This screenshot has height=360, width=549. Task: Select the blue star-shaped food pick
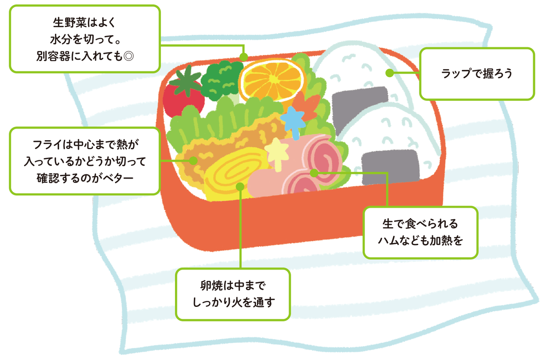pos(293,121)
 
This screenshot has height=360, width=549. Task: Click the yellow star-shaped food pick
pos(277,152)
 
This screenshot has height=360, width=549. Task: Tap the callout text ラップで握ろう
pos(477,74)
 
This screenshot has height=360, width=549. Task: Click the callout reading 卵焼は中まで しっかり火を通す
pos(232,294)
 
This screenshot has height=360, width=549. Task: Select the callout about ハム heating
pos(420,232)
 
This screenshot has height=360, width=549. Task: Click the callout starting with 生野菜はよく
pos(84,38)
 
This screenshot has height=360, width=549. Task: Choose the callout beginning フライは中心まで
pos(84,160)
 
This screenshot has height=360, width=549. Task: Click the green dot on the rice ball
pos(389,73)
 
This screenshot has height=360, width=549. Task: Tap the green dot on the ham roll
pos(314,173)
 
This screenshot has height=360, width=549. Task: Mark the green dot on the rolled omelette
pos(240,187)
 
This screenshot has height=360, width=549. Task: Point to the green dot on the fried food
pos(193,161)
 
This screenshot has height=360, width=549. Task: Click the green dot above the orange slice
pos(244,57)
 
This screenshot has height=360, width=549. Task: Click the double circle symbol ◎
pos(128,57)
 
